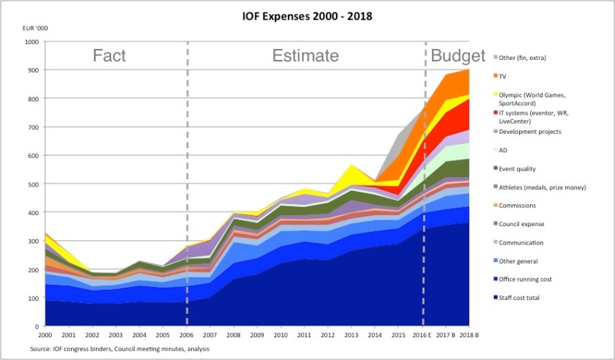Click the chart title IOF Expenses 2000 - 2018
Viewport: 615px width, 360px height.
[308, 16]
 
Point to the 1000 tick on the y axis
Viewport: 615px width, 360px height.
[31, 42]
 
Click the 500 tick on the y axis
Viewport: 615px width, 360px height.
[34, 184]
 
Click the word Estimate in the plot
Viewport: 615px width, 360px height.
[305, 56]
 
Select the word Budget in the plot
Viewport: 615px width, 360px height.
[458, 56]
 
